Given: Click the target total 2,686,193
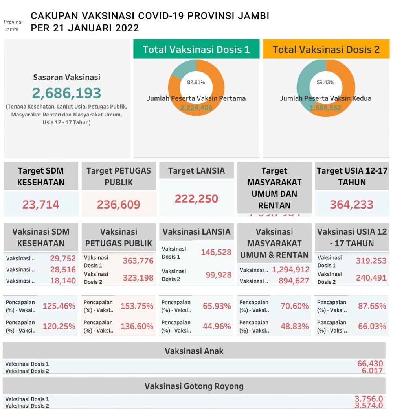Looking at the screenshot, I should pyautogui.click(x=66, y=93).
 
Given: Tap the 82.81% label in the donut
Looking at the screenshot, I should pyautogui.click(x=196, y=82).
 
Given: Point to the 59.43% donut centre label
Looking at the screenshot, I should pyautogui.click(x=325, y=82).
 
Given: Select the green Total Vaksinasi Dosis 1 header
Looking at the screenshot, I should pyautogui.click(x=196, y=50).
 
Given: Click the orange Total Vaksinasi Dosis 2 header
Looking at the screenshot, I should pyautogui.click(x=326, y=50).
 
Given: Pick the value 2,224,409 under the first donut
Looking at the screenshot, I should pyautogui.click(x=196, y=108).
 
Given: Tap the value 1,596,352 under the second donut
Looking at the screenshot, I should pyautogui.click(x=325, y=108).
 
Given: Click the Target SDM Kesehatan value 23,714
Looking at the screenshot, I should pyautogui.click(x=41, y=205).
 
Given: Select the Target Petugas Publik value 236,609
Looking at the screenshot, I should pyautogui.click(x=118, y=205).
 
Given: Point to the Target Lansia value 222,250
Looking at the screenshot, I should pyautogui.click(x=196, y=199).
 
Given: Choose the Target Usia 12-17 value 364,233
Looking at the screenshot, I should pyautogui.click(x=351, y=205).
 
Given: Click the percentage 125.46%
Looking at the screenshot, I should pyautogui.click(x=59, y=306).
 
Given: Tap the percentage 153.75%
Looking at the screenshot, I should pyautogui.click(x=137, y=306).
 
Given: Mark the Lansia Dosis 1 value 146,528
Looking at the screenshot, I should pyautogui.click(x=216, y=252).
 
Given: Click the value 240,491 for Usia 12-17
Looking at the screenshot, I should pyautogui.click(x=371, y=278).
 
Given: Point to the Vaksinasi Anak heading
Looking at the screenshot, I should pyautogui.click(x=194, y=351).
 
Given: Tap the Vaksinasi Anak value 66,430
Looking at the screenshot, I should pyautogui.click(x=370, y=364).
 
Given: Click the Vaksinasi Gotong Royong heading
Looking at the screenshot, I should pyautogui.click(x=194, y=386).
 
